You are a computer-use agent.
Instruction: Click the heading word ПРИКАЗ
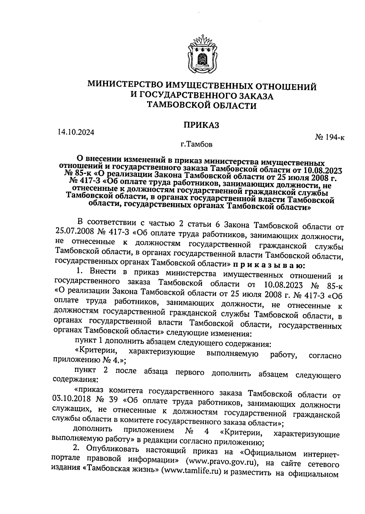click(x=201, y=125)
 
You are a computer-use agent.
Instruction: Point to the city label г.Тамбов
click(x=196, y=144)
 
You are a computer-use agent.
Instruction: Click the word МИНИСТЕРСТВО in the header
click(x=122, y=86)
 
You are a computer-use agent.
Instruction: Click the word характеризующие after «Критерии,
click(x=161, y=352)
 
